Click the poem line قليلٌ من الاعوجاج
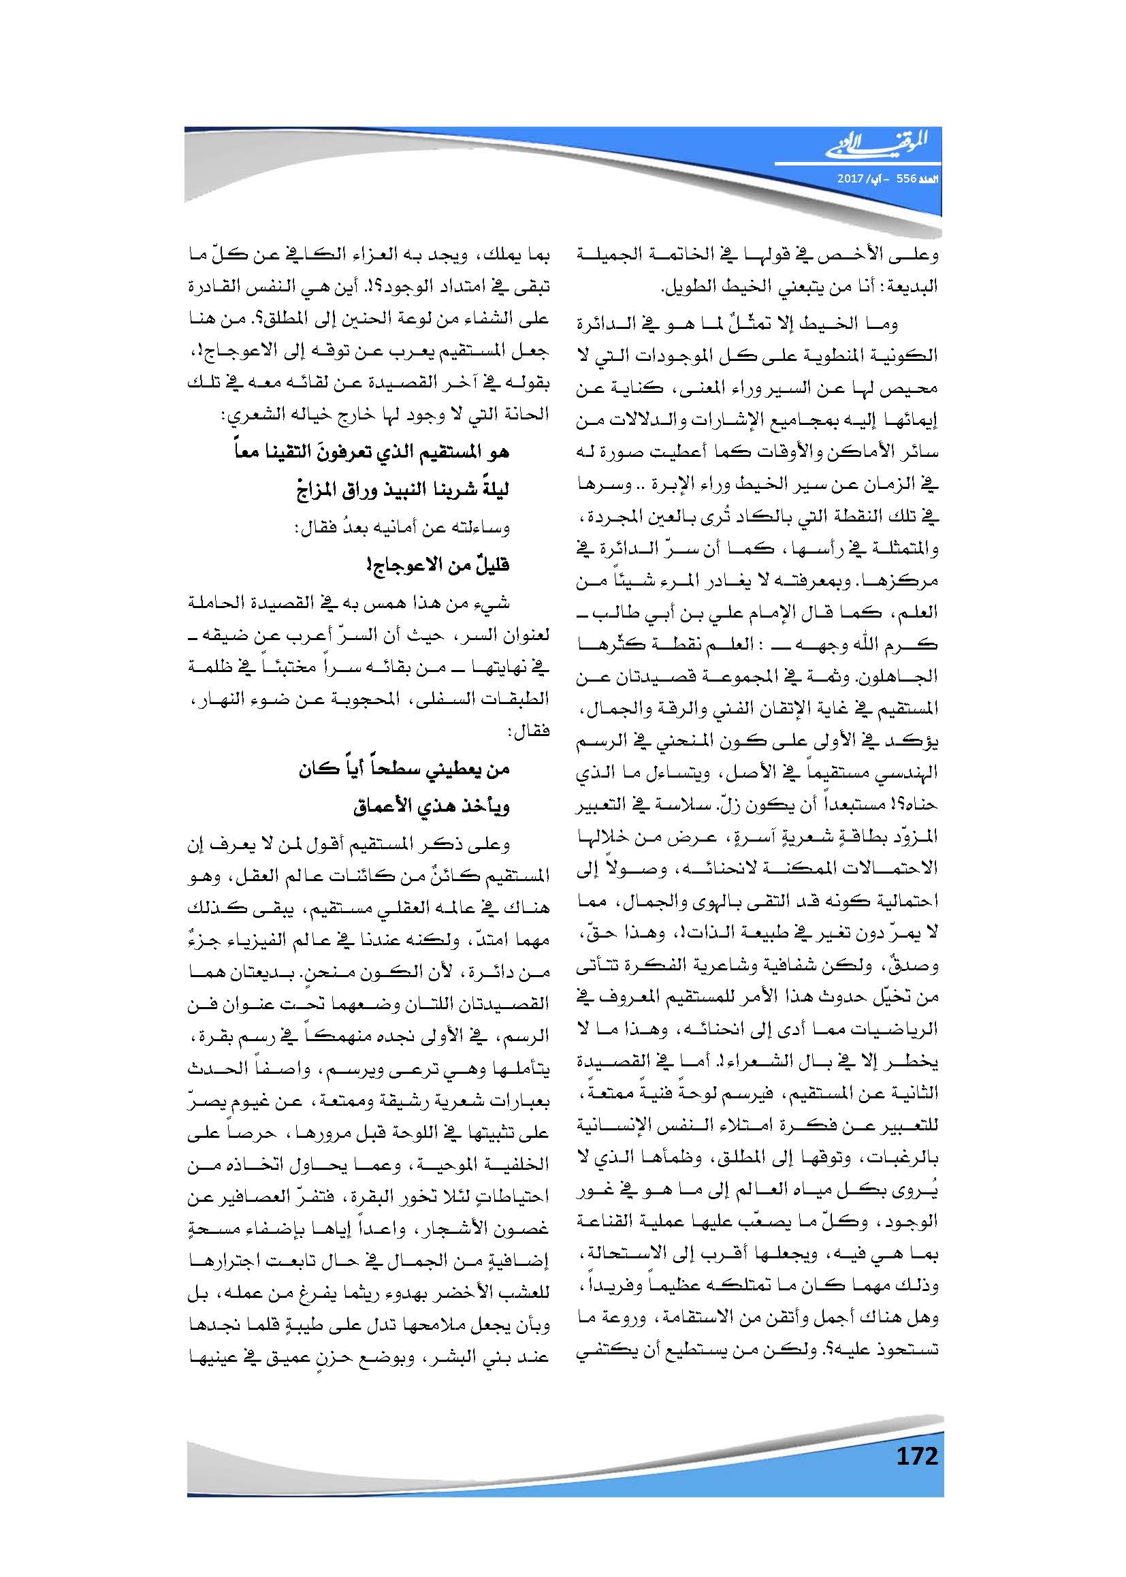point(441,564)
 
